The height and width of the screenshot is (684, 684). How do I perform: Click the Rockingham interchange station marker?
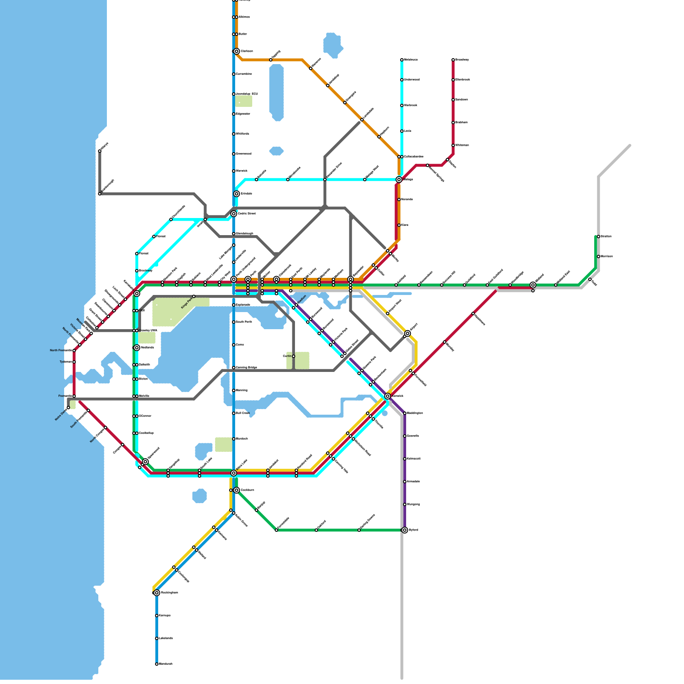(x=157, y=593)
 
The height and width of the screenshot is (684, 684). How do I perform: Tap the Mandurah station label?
(x=166, y=664)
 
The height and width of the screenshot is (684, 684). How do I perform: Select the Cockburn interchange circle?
(x=236, y=490)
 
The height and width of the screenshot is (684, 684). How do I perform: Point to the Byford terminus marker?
(x=405, y=530)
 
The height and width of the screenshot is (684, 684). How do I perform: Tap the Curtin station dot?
(x=294, y=356)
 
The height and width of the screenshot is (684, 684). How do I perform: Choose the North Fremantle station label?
(x=60, y=351)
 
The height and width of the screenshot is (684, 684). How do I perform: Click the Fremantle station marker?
(x=74, y=396)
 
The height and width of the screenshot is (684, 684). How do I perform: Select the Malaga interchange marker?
(x=399, y=180)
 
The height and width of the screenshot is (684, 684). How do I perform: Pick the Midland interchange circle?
(x=533, y=285)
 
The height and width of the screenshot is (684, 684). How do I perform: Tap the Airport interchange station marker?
(x=407, y=333)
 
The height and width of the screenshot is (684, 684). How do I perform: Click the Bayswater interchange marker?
(x=351, y=279)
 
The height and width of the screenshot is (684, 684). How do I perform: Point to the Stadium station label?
(x=301, y=300)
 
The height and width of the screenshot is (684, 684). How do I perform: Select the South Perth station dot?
(x=234, y=322)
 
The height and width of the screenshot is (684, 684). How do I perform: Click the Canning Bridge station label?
(x=247, y=368)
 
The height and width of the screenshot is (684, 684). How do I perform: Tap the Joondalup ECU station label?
(x=247, y=94)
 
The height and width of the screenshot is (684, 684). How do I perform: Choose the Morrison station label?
(x=607, y=256)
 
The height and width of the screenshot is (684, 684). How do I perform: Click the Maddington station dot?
(x=405, y=413)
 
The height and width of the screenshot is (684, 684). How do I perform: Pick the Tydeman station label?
(x=65, y=362)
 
